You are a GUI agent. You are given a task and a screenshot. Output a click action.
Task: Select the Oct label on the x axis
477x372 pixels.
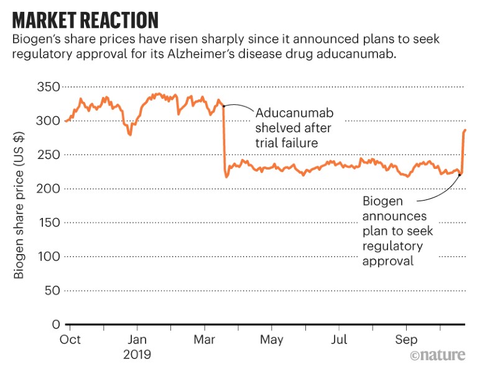[x=70, y=340]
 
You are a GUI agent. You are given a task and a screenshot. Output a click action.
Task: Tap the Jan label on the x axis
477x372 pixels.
[x=137, y=340]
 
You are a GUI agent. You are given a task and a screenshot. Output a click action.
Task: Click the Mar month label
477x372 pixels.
[x=205, y=340]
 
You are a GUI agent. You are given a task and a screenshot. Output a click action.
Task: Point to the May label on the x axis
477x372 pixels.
[x=272, y=340]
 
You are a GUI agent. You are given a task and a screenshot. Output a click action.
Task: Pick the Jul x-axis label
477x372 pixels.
[x=339, y=340]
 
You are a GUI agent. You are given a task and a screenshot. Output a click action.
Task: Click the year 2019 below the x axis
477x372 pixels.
[x=137, y=356]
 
